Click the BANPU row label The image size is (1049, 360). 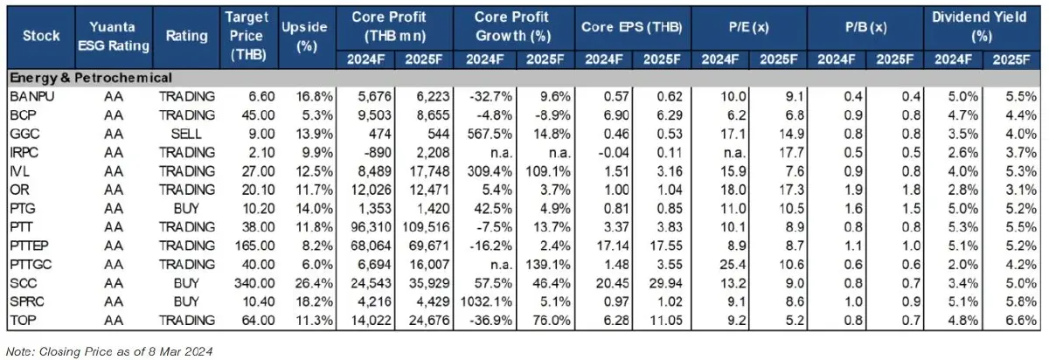point(32,96)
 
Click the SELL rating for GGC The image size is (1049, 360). point(186,135)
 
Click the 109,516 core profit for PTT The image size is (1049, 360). point(422,230)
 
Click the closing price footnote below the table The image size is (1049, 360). point(109,351)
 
